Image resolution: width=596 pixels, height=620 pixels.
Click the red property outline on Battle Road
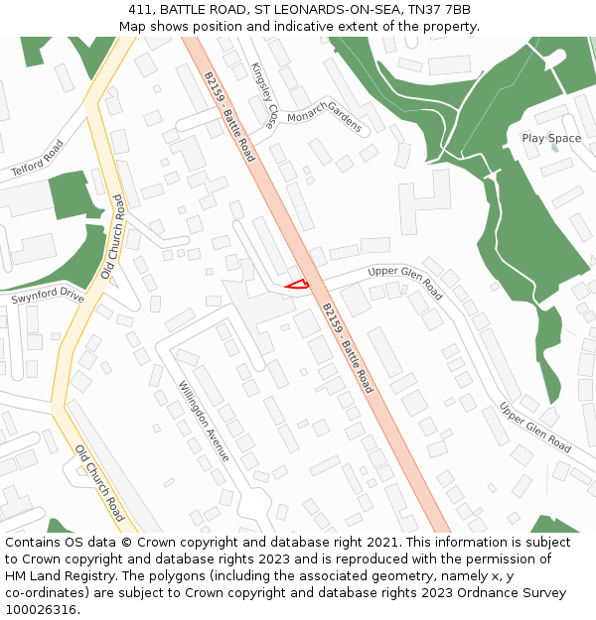point(297,286)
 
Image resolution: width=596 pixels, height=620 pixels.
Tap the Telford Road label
point(38,158)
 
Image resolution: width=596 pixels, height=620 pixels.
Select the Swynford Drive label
point(48,296)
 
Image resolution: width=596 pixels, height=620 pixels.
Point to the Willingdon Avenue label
point(205,421)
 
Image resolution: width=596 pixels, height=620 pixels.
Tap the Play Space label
point(551,138)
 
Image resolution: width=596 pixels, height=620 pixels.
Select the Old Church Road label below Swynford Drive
point(99,483)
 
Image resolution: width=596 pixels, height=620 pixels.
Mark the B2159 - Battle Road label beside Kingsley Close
point(228,116)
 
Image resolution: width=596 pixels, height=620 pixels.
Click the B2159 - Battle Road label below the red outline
point(348,347)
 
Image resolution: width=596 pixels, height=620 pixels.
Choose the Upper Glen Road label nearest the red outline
point(405,283)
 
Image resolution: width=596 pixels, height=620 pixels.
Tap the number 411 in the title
point(140,9)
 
